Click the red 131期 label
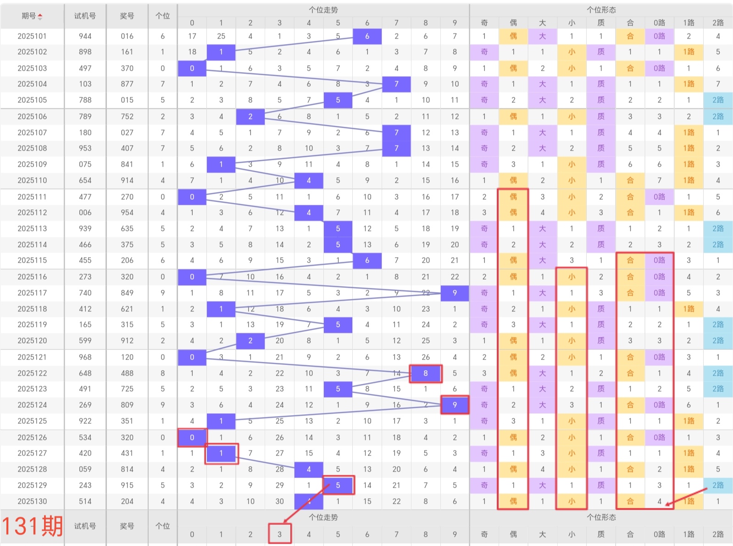[x=32, y=526]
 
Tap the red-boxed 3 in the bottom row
[x=279, y=534]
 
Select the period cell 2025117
[x=32, y=293]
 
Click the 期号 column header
[x=32, y=16]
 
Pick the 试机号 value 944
[x=85, y=36]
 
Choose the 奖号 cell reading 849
[x=127, y=293]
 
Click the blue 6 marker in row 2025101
[x=367, y=36]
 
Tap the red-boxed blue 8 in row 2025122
[x=426, y=373]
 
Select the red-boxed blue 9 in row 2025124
[x=455, y=405]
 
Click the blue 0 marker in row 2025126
[x=192, y=437]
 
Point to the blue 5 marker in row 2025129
[x=338, y=485]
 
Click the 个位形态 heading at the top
[x=601, y=10]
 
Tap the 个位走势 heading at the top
[x=323, y=10]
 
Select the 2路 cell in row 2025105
[x=718, y=100]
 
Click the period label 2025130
[x=32, y=501]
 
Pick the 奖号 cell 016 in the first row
[x=127, y=36]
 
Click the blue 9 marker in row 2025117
[x=455, y=293]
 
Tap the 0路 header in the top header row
[x=659, y=23]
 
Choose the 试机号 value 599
[x=85, y=340]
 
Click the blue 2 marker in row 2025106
[x=250, y=116]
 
